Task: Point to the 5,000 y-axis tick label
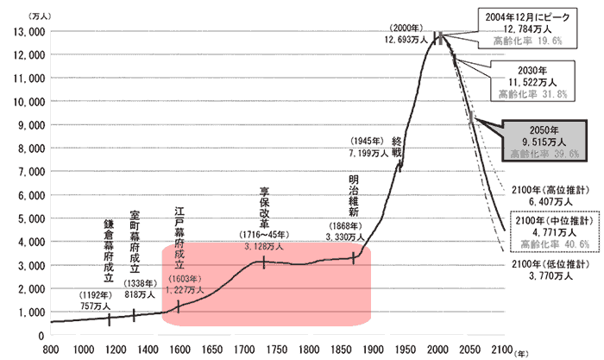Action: coord(29,218)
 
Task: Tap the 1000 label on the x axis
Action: coord(83,350)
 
